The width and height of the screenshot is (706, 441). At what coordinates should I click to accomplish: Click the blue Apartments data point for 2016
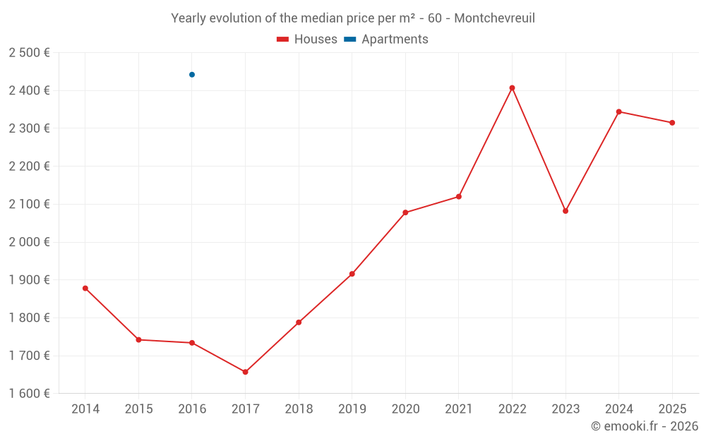click(192, 75)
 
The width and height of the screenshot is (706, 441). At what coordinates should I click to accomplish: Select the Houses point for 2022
click(512, 88)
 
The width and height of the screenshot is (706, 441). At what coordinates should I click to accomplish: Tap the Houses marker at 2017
click(245, 372)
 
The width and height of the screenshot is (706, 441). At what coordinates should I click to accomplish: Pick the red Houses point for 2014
click(85, 288)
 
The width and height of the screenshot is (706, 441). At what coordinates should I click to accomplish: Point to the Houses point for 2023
click(566, 211)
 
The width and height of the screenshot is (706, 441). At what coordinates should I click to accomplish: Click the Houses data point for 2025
click(672, 123)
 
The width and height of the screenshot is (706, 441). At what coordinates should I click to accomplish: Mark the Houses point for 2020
click(405, 212)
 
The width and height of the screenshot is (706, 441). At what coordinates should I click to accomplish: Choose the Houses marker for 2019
click(352, 274)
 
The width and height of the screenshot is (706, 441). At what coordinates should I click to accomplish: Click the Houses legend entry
click(307, 40)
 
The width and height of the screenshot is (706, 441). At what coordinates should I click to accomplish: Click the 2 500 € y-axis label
click(29, 53)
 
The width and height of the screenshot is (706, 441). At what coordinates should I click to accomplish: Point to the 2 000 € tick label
click(29, 242)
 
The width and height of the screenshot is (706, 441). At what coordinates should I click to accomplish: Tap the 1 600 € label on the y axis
click(29, 394)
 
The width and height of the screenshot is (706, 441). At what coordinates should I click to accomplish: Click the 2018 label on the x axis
click(299, 409)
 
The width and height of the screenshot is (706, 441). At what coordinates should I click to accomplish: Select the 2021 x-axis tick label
click(458, 409)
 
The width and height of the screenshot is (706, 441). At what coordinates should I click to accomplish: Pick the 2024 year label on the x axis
click(618, 409)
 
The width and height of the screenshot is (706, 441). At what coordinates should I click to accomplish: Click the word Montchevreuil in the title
click(494, 18)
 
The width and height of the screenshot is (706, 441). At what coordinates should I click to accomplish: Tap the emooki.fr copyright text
click(644, 426)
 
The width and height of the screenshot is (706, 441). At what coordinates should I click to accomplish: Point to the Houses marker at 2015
click(138, 340)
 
